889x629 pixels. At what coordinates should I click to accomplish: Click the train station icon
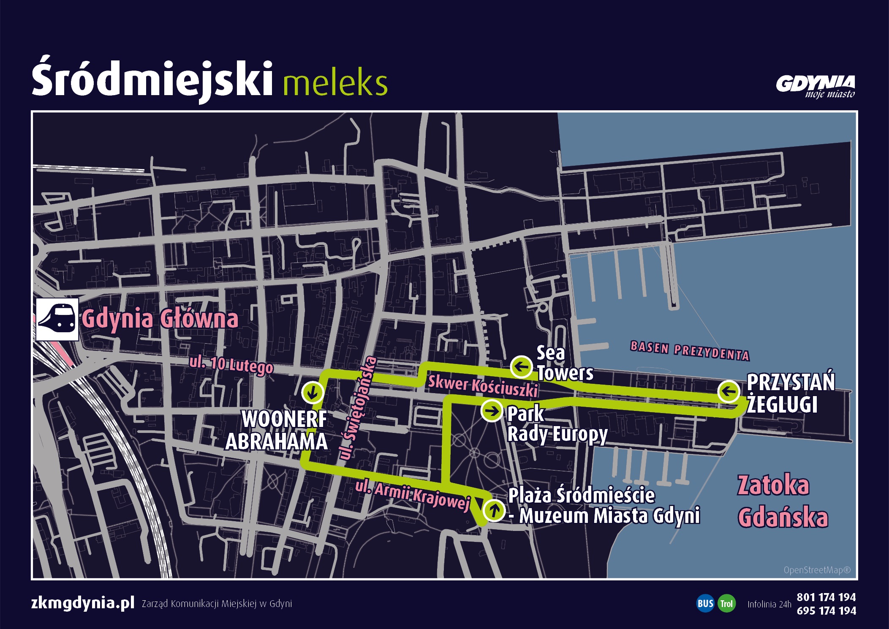(x=57, y=320)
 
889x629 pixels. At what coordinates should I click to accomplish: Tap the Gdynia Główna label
(x=160, y=319)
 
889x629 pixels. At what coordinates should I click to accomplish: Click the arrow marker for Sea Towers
(x=521, y=366)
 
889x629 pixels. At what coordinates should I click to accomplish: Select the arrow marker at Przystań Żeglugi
(x=729, y=391)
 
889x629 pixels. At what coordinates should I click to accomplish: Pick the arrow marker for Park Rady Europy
(x=492, y=410)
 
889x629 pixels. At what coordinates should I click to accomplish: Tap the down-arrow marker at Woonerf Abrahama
(x=313, y=392)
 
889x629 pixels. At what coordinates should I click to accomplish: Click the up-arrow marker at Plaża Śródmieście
(x=494, y=510)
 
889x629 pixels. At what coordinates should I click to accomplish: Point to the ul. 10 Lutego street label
(x=231, y=365)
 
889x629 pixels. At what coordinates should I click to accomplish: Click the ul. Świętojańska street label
(x=357, y=408)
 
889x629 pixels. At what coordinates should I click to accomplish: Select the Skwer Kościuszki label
(x=483, y=386)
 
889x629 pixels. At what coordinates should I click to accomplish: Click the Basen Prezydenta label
(x=690, y=350)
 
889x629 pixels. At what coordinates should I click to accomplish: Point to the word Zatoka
(x=773, y=486)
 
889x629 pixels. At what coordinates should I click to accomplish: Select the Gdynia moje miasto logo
(x=815, y=87)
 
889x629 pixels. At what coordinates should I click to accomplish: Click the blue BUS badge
(x=705, y=603)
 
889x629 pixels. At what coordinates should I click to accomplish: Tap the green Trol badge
(x=726, y=603)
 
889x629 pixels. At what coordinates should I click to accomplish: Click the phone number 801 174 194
(x=826, y=597)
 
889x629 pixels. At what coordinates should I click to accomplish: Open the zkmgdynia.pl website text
(x=83, y=603)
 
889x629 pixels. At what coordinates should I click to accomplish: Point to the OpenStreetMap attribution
(x=817, y=570)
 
